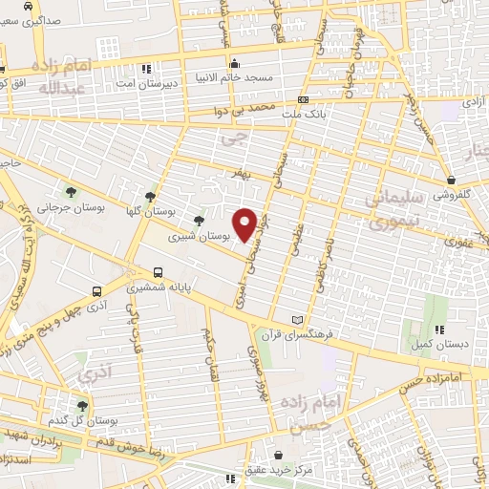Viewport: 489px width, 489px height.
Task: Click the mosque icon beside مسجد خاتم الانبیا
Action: (x=235, y=63)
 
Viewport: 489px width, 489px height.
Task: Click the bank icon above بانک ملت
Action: (x=304, y=98)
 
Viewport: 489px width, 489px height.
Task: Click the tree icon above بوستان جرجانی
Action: (x=68, y=192)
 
